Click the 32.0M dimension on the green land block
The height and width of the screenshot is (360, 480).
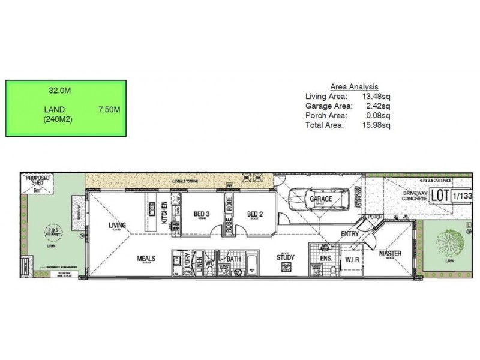(60, 91)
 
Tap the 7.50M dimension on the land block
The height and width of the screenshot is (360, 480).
(109, 110)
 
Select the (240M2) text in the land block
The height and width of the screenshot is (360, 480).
(56, 119)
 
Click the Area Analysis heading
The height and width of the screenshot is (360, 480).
(355, 86)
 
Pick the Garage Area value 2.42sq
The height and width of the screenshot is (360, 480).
(378, 106)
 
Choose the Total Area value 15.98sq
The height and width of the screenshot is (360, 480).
(378, 125)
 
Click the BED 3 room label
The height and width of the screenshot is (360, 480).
(202, 214)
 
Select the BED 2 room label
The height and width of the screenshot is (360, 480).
(255, 214)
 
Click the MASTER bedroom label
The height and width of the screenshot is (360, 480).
(390, 254)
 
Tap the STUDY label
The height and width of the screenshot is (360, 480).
(285, 259)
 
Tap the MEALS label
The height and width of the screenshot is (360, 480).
(146, 259)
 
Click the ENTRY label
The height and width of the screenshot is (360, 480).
(349, 234)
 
